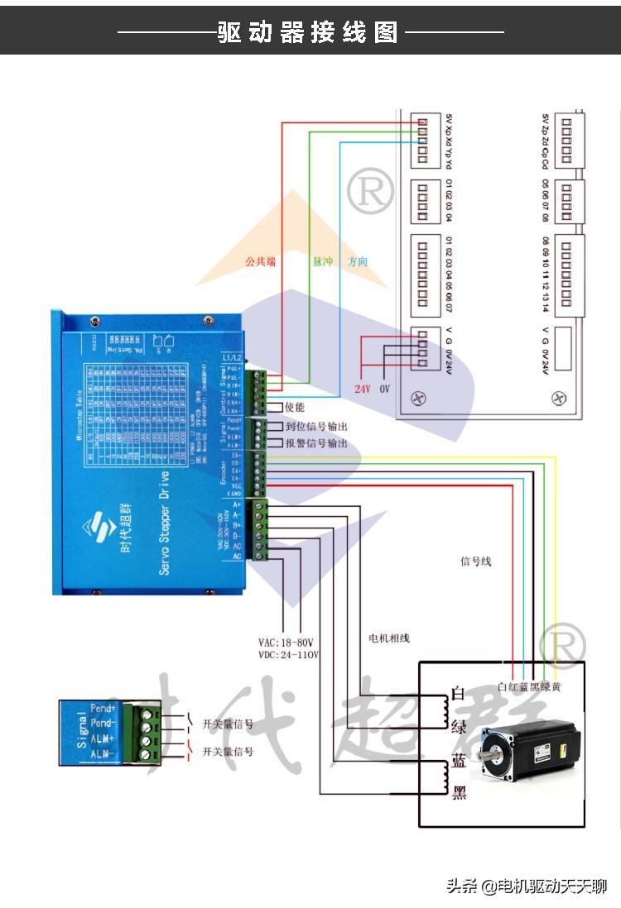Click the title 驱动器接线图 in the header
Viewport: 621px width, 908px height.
(x=308, y=32)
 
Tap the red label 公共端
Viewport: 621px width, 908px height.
(x=259, y=261)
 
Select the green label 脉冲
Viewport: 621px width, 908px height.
(x=322, y=261)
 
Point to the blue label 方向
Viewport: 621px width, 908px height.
(x=358, y=261)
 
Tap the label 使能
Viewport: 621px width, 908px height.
(x=295, y=408)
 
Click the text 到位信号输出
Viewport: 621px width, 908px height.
(x=316, y=427)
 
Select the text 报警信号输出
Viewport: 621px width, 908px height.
(x=316, y=443)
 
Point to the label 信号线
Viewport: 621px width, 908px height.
(x=475, y=562)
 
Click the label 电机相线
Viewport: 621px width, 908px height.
(x=389, y=638)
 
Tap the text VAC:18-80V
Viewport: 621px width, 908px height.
(x=288, y=643)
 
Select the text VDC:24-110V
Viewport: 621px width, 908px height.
(x=288, y=655)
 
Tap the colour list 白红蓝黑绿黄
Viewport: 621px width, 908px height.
(x=529, y=686)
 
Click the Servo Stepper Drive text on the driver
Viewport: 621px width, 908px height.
(x=164, y=522)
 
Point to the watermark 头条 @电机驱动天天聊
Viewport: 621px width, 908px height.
(x=527, y=886)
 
